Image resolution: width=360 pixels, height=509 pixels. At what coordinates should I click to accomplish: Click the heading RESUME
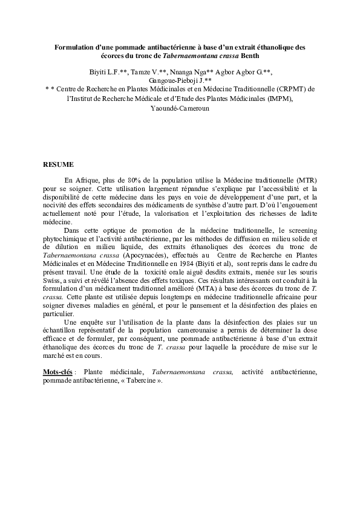click(x=58, y=164)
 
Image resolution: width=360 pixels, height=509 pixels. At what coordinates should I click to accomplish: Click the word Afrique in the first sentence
click(x=90, y=180)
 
